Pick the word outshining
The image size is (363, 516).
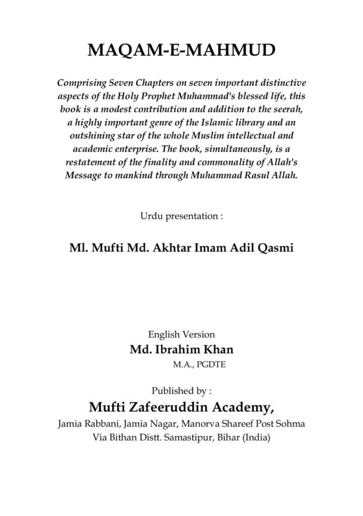91,137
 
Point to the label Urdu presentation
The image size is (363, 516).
181,216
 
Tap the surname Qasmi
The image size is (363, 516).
276,248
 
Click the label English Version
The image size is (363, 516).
181,334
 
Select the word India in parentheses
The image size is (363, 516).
256,437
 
